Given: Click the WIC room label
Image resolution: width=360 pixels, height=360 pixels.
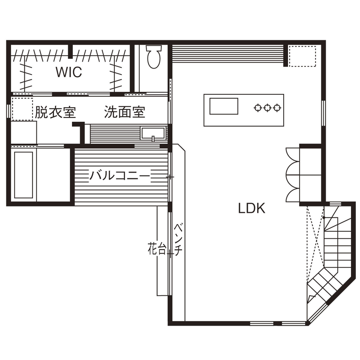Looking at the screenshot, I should click(x=69, y=72).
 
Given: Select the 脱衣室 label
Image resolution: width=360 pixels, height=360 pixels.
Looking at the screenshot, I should click(x=55, y=113).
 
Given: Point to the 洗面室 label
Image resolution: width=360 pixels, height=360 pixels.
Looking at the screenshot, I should click(x=125, y=113).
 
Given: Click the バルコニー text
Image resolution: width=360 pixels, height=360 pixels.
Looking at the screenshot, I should click(x=120, y=176).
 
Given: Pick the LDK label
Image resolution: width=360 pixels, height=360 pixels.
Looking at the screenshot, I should click(x=252, y=209).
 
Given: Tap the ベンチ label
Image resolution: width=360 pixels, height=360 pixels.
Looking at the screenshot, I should click(x=179, y=240).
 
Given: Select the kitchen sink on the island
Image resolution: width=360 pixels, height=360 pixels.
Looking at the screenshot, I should click(x=223, y=106).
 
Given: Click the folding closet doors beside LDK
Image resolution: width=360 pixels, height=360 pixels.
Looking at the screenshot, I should click(x=293, y=174).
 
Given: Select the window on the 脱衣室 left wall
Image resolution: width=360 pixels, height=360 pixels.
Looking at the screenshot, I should click(x=8, y=110).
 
